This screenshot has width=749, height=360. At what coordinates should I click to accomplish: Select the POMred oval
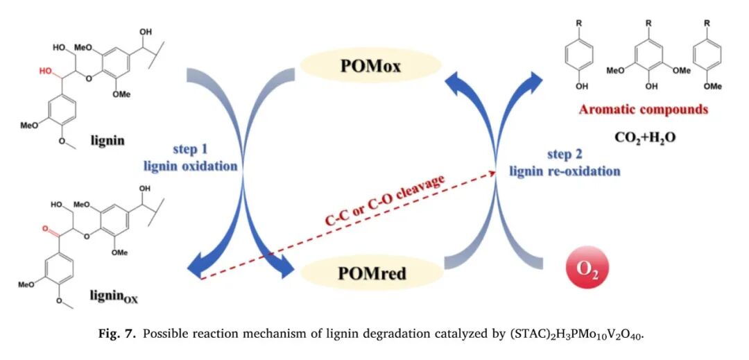pyautogui.click(x=372, y=275)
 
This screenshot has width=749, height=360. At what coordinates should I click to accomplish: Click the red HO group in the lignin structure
pyautogui.click(x=45, y=70)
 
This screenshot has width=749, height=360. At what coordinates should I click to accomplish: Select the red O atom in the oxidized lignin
pyautogui.click(x=46, y=226)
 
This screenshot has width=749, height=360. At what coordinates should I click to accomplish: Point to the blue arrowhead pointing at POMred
pyautogui.click(x=281, y=268)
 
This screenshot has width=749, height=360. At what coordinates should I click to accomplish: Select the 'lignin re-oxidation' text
pyautogui.click(x=565, y=171)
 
